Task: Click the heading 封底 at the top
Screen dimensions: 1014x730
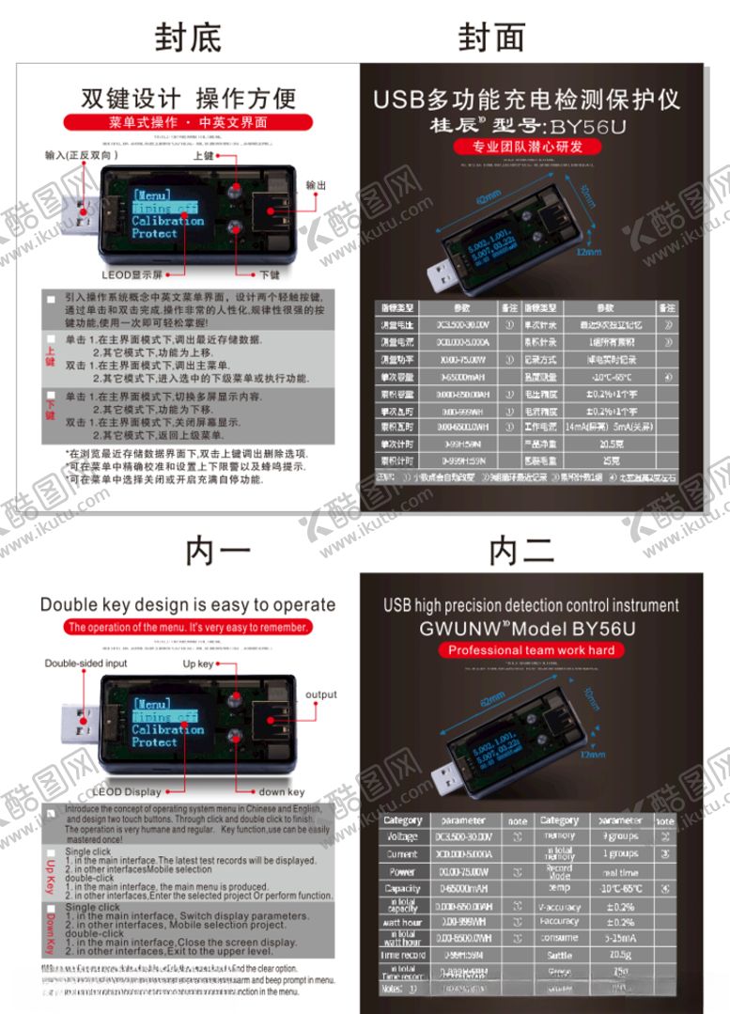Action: pyautogui.click(x=188, y=38)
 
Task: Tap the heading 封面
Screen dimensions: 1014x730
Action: pyautogui.click(x=490, y=38)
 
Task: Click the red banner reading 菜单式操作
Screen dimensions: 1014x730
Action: pyautogui.click(x=188, y=122)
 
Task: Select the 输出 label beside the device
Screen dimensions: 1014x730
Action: pyautogui.click(x=317, y=186)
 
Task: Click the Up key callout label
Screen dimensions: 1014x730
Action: pyautogui.click(x=199, y=664)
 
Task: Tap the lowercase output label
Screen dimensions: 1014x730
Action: pyautogui.click(x=320, y=694)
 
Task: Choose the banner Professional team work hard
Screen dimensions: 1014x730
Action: pyautogui.click(x=531, y=650)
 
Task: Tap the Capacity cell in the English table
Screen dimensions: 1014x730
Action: pyautogui.click(x=402, y=888)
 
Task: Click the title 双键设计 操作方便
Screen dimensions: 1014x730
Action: pyautogui.click(x=188, y=98)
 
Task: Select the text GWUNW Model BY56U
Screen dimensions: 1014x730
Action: pyautogui.click(x=531, y=628)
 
